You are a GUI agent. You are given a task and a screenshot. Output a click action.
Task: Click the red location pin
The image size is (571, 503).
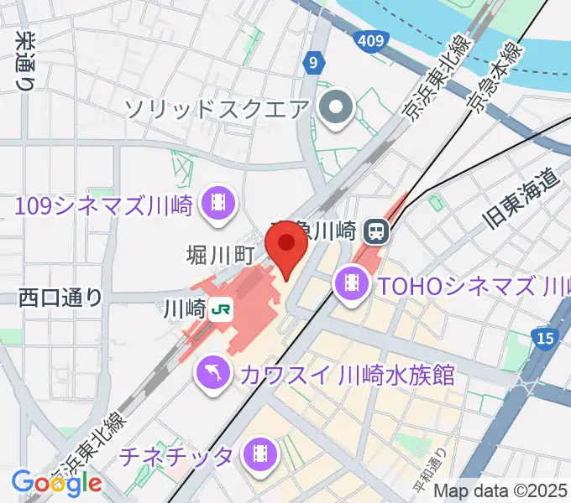(x=285, y=244)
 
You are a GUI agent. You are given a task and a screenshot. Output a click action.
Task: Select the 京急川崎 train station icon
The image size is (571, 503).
(x=375, y=229)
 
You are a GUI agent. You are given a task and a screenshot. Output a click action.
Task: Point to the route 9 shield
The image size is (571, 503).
(x=313, y=62)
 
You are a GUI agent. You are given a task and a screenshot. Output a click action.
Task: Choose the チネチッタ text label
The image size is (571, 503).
(x=176, y=457)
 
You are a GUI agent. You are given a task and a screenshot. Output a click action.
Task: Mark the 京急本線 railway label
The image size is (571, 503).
(x=495, y=75)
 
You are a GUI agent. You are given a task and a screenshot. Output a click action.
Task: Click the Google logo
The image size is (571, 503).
(x=56, y=483)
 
